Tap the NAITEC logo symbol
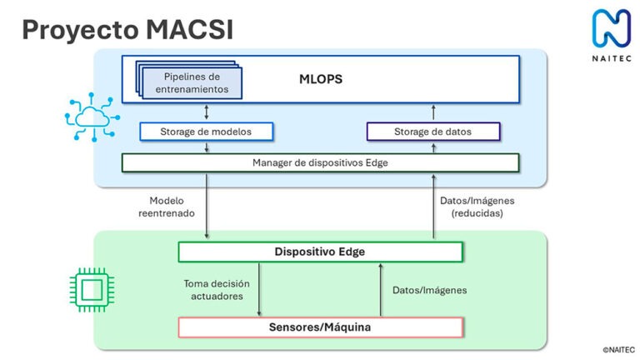click(612, 27)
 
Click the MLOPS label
click(321, 79)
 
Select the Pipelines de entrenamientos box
click(190, 82)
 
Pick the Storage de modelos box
click(205, 131)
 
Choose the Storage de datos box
click(432, 131)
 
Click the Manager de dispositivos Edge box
click(320, 162)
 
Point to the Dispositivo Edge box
click(320, 252)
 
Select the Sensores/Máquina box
click(320, 327)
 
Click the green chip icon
click(89, 289)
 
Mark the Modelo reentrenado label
click(167, 207)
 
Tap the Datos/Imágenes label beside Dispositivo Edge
click(429, 290)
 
